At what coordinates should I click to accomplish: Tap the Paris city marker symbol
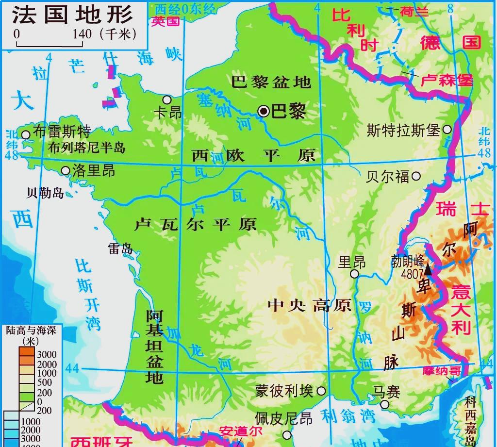tap(264, 111)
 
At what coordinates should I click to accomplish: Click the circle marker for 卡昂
tap(167, 99)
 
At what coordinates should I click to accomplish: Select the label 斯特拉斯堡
tap(403, 130)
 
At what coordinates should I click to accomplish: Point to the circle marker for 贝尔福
tap(416, 177)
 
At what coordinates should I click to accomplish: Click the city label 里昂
tap(352, 262)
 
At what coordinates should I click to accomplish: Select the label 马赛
tap(386, 392)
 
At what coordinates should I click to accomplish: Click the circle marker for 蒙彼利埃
tap(321, 390)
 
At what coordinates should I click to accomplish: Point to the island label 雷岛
tap(120, 248)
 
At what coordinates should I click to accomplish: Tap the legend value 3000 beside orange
tap(47, 354)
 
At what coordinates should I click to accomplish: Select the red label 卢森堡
tap(446, 80)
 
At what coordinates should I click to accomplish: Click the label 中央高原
tap(310, 305)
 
